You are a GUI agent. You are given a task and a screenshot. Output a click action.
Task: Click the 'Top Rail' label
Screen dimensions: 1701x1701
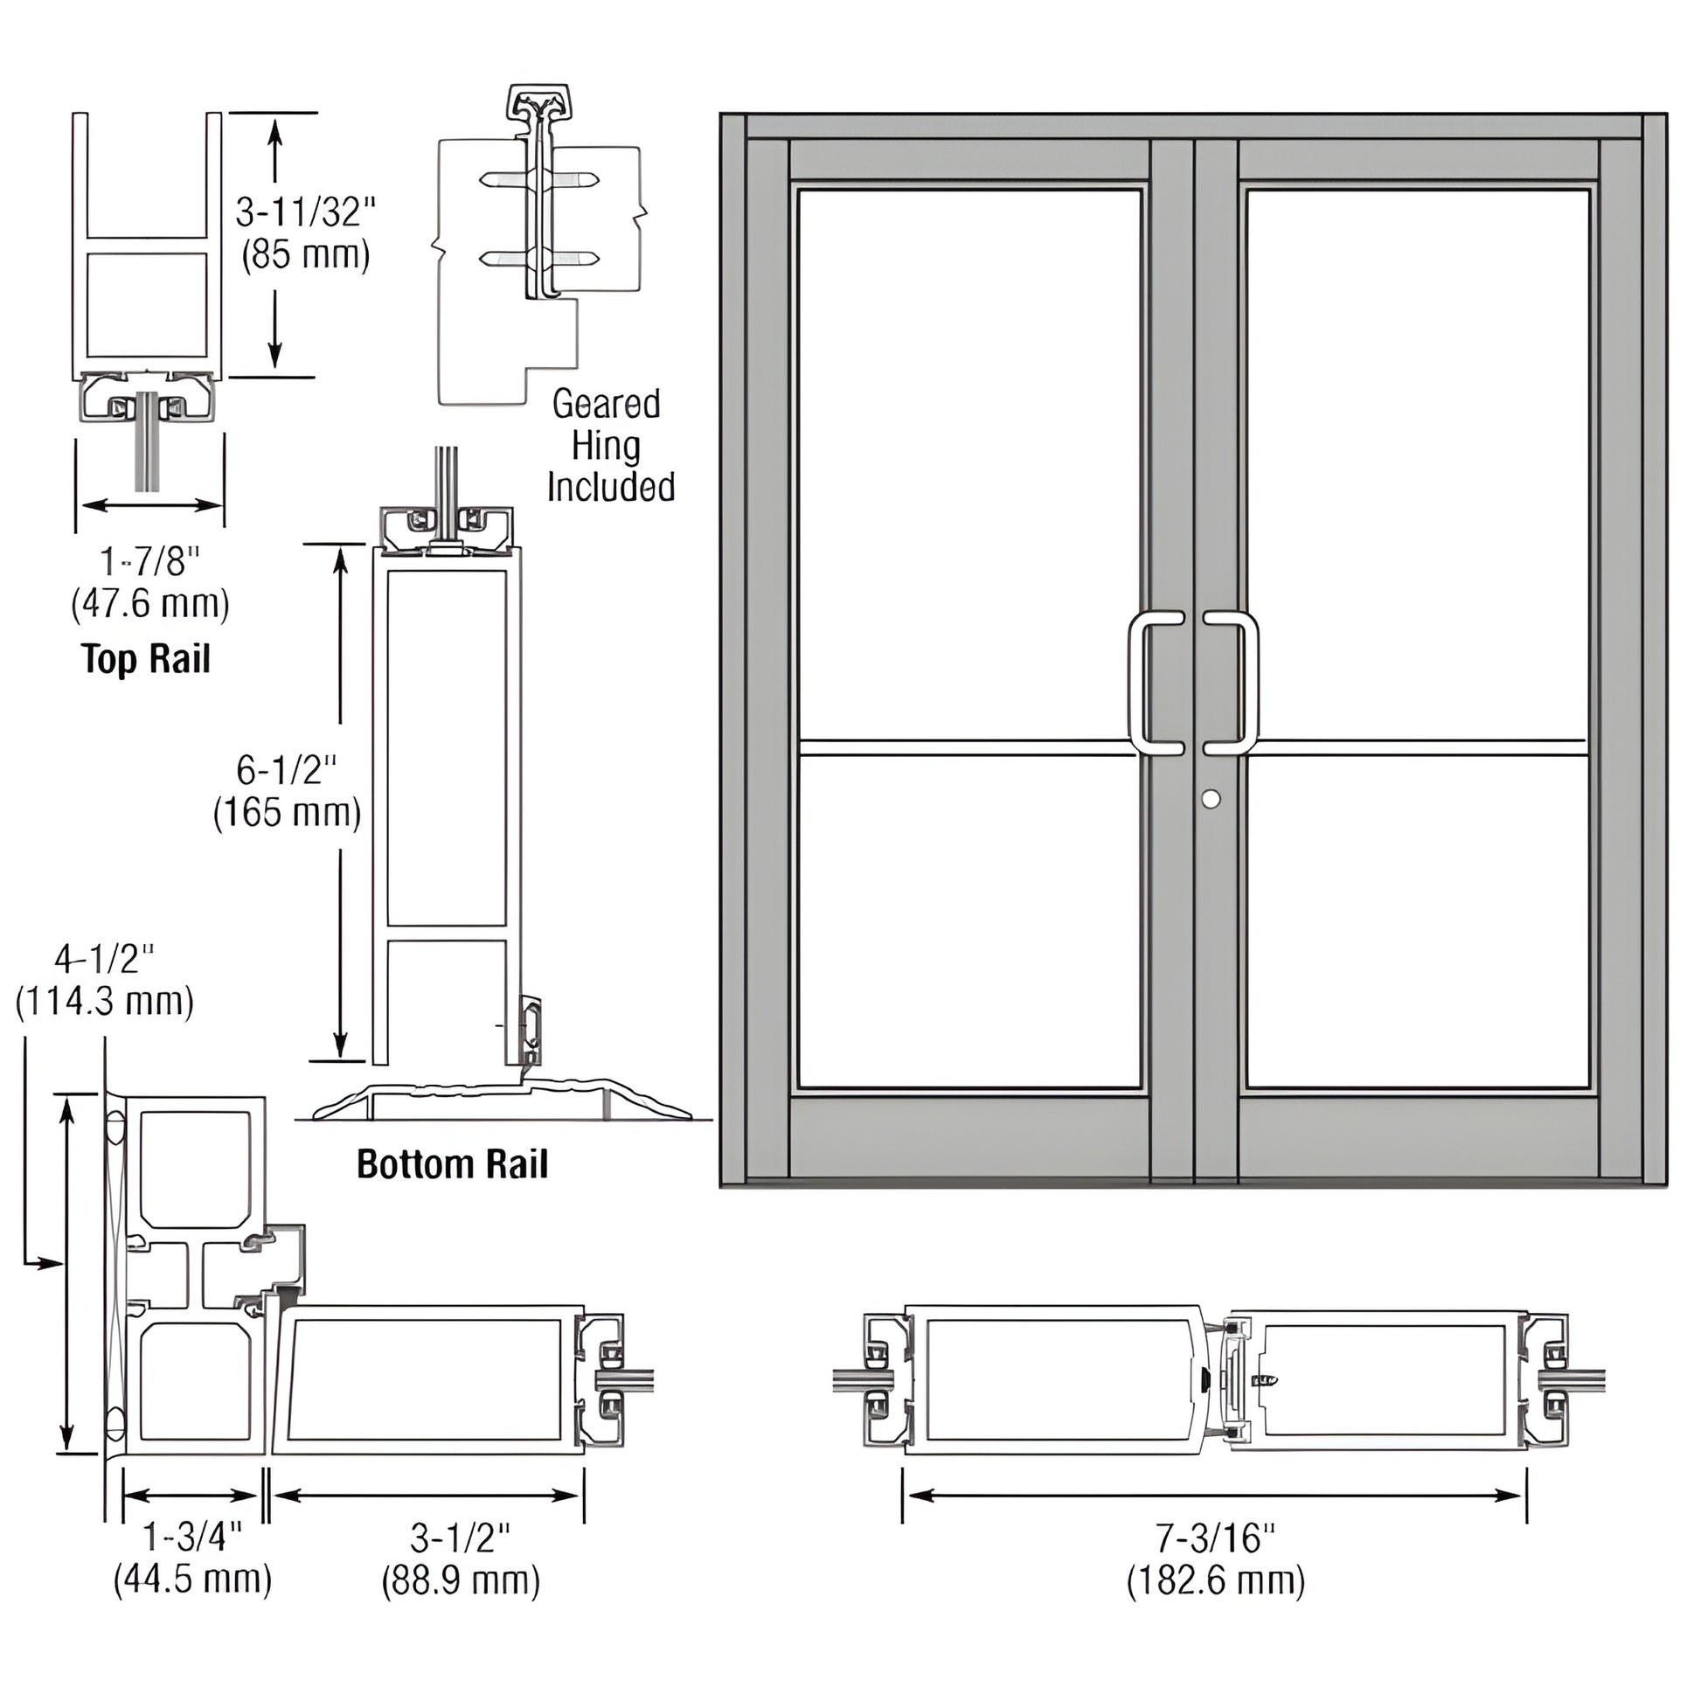click(146, 658)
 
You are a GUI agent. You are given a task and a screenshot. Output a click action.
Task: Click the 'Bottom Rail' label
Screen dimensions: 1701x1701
click(452, 1164)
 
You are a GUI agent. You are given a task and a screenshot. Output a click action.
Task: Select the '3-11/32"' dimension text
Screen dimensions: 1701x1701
click(305, 213)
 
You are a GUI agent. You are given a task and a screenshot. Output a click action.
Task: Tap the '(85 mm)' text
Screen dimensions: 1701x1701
click(305, 255)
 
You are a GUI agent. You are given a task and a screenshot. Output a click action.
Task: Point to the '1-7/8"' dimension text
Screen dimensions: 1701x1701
click(149, 562)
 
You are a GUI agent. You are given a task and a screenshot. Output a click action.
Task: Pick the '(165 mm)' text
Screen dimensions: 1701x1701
click(287, 812)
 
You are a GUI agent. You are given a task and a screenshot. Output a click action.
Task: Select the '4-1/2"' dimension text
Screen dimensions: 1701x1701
click(104, 958)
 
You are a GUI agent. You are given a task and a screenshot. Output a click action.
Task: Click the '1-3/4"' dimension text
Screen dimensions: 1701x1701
click(192, 1538)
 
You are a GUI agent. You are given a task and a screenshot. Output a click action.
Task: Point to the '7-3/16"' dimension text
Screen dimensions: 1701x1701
click(1215, 1538)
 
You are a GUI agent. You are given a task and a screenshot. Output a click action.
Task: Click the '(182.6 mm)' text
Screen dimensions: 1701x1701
click(1215, 1580)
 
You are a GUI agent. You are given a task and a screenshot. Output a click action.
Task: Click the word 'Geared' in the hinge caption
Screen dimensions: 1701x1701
click(606, 404)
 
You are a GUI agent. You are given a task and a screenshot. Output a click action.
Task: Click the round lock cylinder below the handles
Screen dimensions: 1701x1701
click(1211, 799)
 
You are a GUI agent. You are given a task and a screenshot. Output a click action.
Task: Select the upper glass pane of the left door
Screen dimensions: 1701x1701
click(969, 462)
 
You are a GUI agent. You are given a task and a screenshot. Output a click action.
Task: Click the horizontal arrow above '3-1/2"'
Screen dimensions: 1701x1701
click(427, 1495)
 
